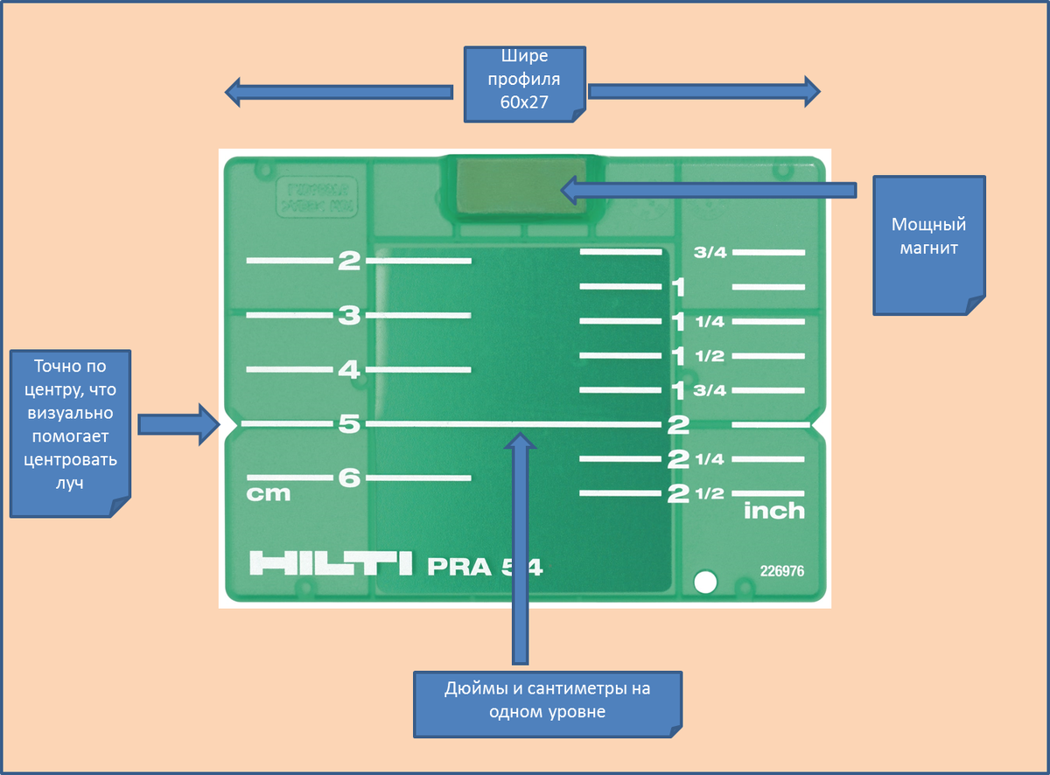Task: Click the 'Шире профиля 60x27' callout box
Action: pyautogui.click(x=525, y=83)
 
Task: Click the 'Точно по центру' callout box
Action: pyautogui.click(x=71, y=433)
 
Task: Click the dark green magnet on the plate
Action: pyautogui.click(x=523, y=185)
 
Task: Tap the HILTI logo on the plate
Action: pyautogui.click(x=330, y=563)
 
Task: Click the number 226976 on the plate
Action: pyautogui.click(x=781, y=571)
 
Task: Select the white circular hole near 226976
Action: pyautogui.click(x=704, y=581)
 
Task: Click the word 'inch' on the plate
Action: pyautogui.click(x=773, y=511)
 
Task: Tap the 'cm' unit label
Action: pyautogui.click(x=269, y=494)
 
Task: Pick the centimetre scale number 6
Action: pyautogui.click(x=350, y=478)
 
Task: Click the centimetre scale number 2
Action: pyautogui.click(x=350, y=261)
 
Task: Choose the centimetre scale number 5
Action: pyautogui.click(x=350, y=424)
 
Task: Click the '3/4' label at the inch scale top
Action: pyautogui.click(x=710, y=253)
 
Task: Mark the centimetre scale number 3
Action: pyautogui.click(x=350, y=316)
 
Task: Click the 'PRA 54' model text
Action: pyautogui.click(x=485, y=567)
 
